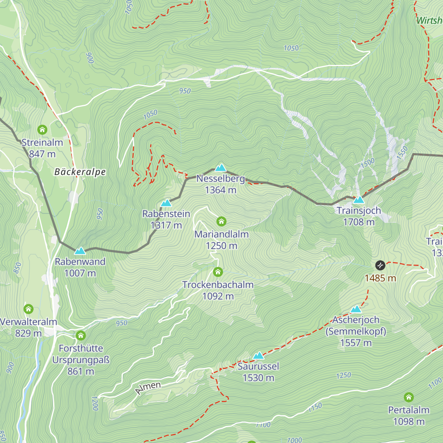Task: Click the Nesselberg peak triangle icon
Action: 220,168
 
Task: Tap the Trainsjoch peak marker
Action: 359,200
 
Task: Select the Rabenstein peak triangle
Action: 166,203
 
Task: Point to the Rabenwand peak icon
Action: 80,251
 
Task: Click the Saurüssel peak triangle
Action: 258,356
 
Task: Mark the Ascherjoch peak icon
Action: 356,309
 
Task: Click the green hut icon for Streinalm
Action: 42,130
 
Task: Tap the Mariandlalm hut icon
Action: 221,221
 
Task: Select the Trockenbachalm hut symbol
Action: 218,272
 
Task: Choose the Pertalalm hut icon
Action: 408,397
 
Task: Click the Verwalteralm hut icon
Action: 28,309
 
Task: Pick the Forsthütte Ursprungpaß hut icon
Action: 80,336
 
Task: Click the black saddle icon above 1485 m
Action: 380,265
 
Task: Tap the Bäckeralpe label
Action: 80,172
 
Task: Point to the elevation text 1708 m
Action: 359,222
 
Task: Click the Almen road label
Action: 148,388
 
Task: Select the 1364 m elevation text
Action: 220,190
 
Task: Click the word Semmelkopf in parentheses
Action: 356,332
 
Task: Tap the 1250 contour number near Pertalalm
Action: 343,375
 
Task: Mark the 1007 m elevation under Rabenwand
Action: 80,273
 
